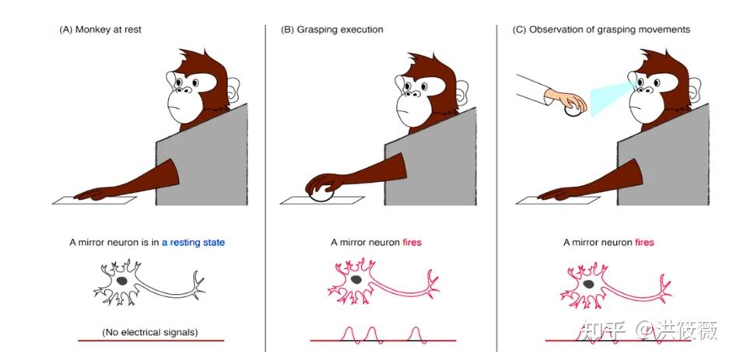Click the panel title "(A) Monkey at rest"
tap(100, 29)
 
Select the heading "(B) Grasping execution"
tap(332, 30)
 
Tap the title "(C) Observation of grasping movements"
tap(601, 30)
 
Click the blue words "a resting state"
tap(193, 243)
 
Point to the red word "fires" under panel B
tap(412, 243)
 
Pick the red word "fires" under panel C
tap(644, 243)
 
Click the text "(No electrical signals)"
tap(149, 332)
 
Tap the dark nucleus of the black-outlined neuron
tap(122, 281)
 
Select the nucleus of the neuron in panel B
tap(356, 280)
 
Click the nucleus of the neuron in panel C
tap(589, 284)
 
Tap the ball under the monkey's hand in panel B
tap(321, 194)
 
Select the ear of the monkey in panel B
tap(462, 92)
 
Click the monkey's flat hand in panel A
tap(94, 194)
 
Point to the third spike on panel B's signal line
tap(415, 334)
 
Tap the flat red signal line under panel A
tap(151, 341)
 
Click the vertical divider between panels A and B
tap(265, 187)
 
